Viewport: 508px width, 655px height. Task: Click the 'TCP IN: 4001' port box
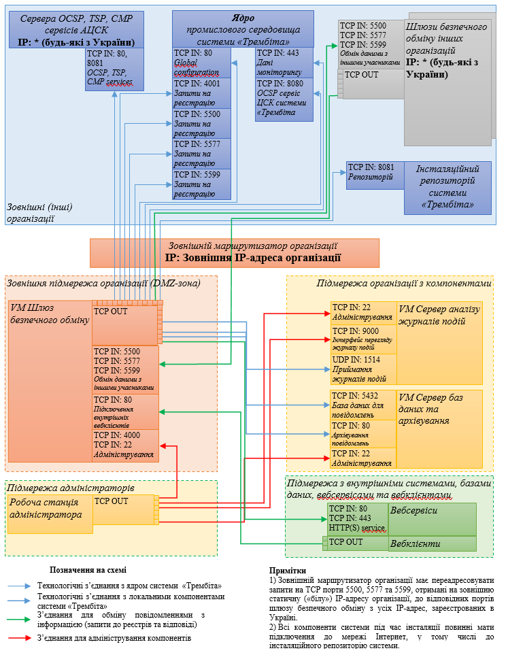(201, 93)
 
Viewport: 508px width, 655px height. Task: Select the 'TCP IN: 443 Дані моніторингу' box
(284, 62)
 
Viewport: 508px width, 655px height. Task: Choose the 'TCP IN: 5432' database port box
(363, 404)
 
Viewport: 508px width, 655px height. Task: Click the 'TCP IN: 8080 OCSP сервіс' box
(284, 99)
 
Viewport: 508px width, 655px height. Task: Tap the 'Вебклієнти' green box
(432, 543)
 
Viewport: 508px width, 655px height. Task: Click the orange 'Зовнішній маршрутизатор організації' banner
(235, 252)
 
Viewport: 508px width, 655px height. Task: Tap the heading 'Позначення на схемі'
(88, 570)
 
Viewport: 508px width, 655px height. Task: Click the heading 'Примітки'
(287, 571)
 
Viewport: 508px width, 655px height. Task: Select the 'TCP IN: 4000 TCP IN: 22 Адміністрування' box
(125, 446)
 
